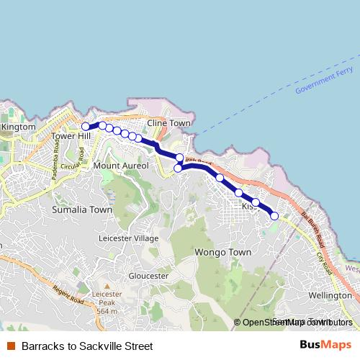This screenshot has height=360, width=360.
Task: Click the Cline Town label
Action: [x=168, y=123]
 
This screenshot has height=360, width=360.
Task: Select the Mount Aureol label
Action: [x=121, y=166]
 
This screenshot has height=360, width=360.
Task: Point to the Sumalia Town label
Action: [x=82, y=210]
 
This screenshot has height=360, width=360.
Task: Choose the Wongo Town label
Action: [x=222, y=252]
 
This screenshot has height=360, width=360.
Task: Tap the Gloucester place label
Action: [x=148, y=276]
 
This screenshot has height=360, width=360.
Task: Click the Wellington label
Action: [x=329, y=295]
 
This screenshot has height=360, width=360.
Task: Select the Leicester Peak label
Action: [x=106, y=307]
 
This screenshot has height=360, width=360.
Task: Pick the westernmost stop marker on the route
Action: [x=86, y=127]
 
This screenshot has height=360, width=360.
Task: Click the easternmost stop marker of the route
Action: [x=274, y=215]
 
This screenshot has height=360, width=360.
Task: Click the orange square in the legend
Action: [x=11, y=346]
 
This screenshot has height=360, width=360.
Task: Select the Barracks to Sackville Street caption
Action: [x=87, y=346]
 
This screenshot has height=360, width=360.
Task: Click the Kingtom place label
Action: [x=18, y=127]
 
